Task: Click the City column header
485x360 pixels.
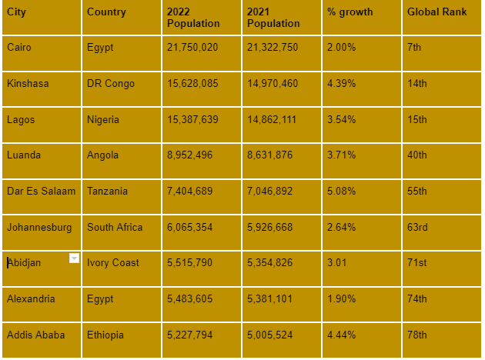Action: point(16,12)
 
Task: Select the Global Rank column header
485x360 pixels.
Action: point(436,12)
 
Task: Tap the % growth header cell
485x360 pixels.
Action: point(350,12)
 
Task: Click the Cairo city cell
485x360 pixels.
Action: point(19,48)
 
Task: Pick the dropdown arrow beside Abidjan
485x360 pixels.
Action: point(74,258)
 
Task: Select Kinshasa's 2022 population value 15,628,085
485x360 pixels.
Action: point(192,83)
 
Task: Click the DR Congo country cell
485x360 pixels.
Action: point(111,83)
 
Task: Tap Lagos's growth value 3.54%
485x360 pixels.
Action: point(342,119)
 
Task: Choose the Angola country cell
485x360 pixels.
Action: point(103,155)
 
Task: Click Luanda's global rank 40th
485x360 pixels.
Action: point(417,155)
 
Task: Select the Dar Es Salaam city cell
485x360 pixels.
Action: point(41,191)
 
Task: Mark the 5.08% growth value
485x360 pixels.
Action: point(342,191)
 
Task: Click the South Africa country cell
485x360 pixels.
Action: point(115,227)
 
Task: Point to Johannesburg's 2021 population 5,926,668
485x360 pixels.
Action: point(273,227)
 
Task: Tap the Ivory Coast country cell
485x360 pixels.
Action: point(113,262)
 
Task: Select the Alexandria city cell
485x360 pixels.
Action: point(31,298)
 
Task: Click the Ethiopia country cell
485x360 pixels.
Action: point(105,335)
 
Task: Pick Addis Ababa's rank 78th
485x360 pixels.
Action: point(417,335)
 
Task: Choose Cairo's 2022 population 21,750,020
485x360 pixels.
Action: point(192,48)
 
